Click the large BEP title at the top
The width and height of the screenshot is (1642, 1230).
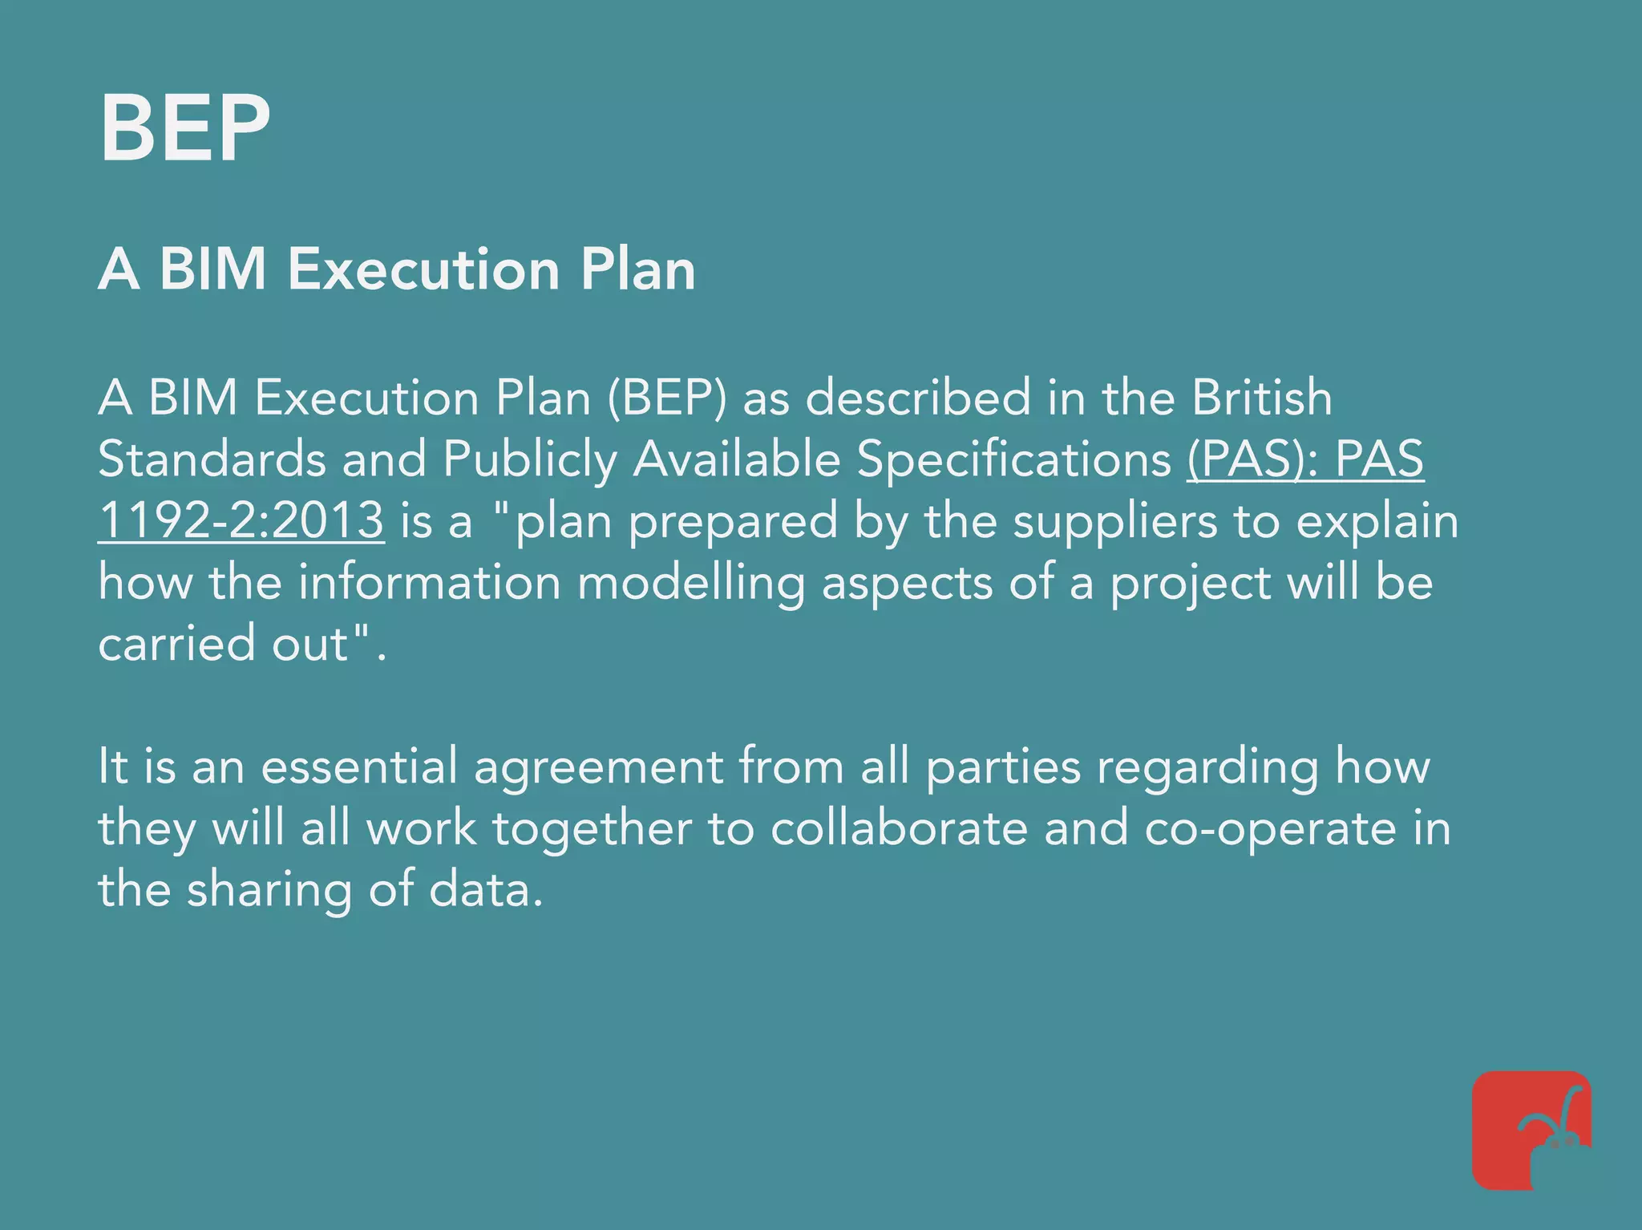184,128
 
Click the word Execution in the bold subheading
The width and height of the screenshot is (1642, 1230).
423,269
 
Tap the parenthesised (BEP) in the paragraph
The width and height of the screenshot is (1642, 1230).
667,399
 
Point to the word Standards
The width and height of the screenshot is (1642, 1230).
212,459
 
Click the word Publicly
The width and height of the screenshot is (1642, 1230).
530,461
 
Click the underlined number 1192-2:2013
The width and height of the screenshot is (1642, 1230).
241,520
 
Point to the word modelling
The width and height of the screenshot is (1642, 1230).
691,583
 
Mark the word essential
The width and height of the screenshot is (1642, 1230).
359,766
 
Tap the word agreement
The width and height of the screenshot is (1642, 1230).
598,767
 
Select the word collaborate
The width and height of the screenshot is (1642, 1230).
899,828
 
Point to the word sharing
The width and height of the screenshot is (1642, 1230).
269,891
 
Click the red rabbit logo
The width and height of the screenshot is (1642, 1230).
1531,1131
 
